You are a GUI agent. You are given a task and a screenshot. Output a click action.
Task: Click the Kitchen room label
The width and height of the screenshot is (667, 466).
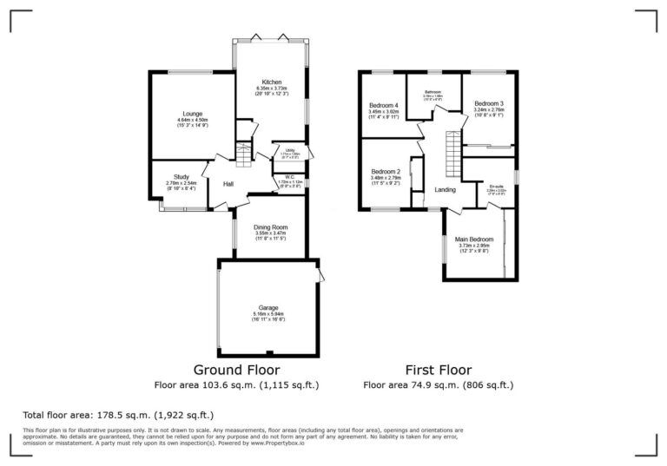tap(271, 82)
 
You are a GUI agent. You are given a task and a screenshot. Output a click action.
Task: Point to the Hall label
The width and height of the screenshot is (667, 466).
tap(228, 184)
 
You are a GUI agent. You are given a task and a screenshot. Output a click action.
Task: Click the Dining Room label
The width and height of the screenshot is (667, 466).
tap(271, 227)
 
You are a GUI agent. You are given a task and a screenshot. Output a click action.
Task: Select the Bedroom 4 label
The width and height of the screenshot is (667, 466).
tap(383, 104)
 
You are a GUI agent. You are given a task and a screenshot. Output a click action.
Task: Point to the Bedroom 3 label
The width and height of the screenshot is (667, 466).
tap(490, 104)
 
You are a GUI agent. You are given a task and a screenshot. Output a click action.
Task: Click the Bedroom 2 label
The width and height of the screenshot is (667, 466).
tap(385, 172)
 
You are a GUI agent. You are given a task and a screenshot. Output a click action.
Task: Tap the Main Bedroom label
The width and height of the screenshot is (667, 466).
tap(475, 239)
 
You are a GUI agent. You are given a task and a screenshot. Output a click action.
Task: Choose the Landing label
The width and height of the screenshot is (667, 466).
tap(445, 189)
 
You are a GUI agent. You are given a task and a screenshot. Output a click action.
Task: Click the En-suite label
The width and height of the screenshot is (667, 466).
tap(495, 185)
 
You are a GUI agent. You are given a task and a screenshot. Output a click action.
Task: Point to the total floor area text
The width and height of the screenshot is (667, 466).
tap(117, 415)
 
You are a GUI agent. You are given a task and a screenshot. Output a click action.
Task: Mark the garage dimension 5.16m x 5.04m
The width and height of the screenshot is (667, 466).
tap(268, 313)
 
